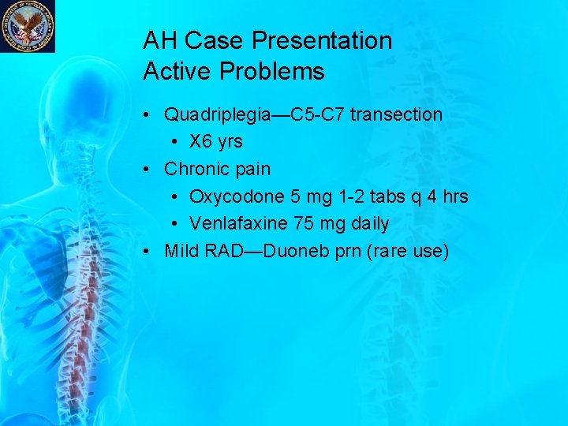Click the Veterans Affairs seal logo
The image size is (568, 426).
[x=28, y=26]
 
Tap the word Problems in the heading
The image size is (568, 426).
[x=272, y=72]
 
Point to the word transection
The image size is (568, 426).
[x=396, y=114]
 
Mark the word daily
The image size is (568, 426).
[x=369, y=224]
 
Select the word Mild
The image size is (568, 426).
[x=181, y=251]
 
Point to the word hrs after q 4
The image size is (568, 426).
[x=454, y=196]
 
